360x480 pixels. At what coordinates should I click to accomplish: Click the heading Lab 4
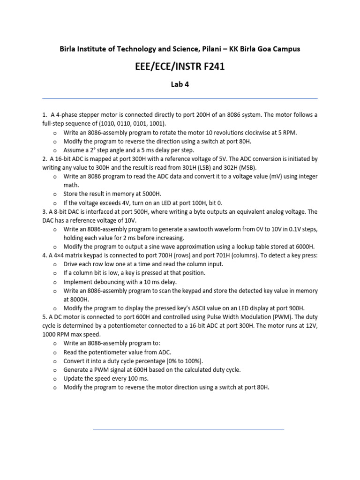point(180,84)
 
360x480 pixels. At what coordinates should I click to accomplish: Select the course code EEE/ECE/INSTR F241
point(180,67)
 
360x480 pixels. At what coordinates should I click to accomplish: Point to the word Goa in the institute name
point(263,49)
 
